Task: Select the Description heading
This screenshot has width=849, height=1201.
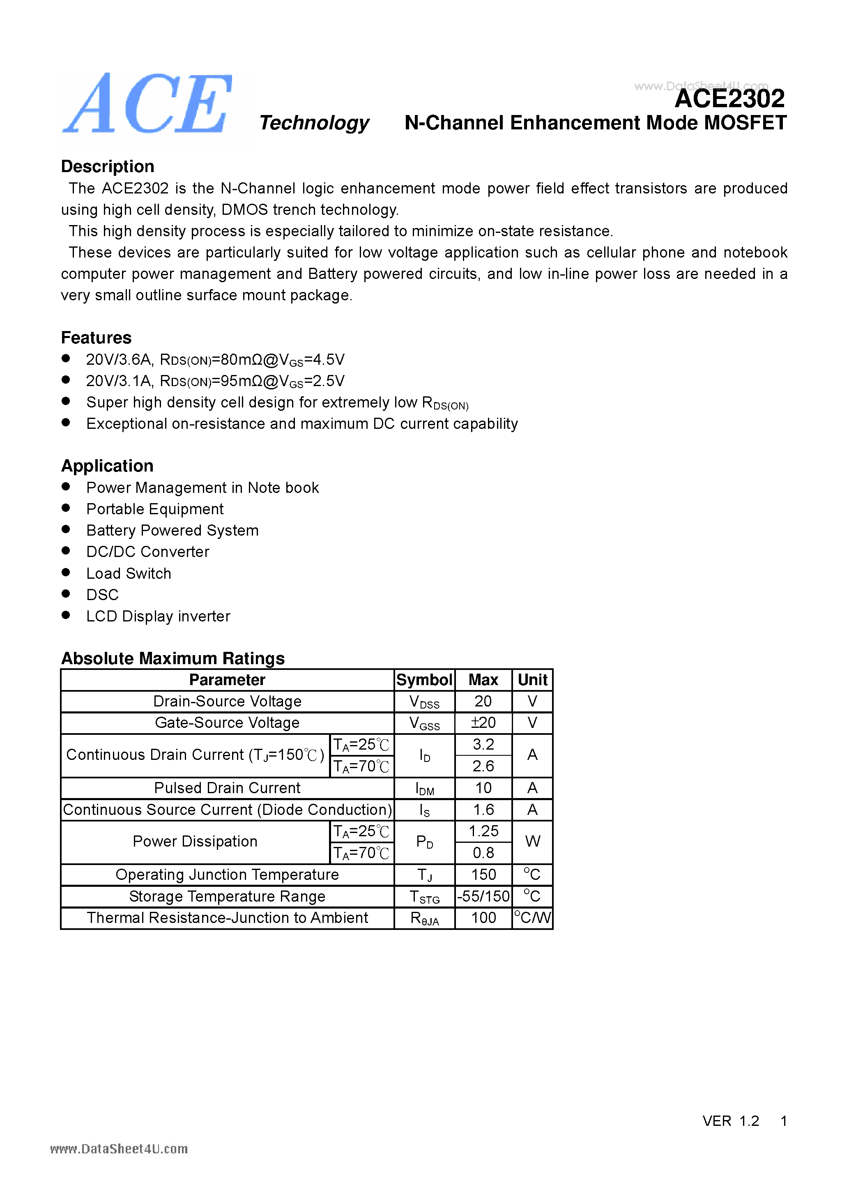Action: coord(107,166)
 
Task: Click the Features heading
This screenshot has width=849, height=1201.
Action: coord(96,338)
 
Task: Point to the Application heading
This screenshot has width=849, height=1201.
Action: coord(107,466)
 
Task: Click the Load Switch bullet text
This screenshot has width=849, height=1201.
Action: coord(129,574)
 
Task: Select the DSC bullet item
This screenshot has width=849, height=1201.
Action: coord(103,595)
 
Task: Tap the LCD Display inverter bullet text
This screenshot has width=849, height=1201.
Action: coord(158,617)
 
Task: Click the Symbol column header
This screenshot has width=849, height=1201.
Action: coord(424,680)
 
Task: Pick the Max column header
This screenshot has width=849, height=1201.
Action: coord(483,680)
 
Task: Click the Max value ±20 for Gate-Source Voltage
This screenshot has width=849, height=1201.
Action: coord(483,723)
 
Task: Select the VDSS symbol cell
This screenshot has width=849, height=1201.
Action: coord(424,702)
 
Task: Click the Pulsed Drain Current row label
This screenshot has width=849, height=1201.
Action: coord(227,788)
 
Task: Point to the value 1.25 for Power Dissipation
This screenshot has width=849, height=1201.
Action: coord(483,831)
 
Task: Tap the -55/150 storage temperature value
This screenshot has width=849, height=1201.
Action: coord(483,897)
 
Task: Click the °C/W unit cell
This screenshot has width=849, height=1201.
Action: coord(532,918)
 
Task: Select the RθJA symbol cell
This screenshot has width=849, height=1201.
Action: coord(424,918)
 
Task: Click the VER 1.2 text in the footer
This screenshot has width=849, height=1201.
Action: coord(730,1121)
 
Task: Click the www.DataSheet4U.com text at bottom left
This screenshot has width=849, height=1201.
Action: coord(119,1149)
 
